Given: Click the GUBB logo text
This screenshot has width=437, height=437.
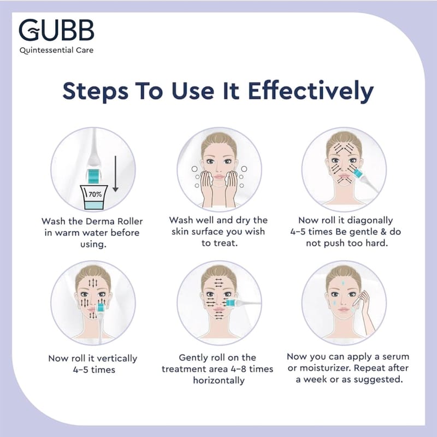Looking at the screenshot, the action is (x=56, y=30).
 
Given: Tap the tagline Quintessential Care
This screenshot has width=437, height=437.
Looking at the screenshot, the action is (x=57, y=50).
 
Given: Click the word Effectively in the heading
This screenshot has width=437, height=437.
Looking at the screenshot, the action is (x=311, y=91).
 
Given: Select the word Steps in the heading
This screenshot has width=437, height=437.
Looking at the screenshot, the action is (x=95, y=91).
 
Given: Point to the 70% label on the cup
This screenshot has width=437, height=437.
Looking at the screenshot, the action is (x=95, y=194).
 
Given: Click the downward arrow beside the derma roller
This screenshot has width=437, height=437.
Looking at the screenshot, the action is (x=115, y=174).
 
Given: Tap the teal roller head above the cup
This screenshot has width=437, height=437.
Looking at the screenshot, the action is (x=94, y=176).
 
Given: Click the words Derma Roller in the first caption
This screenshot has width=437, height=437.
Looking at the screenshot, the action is (x=114, y=221).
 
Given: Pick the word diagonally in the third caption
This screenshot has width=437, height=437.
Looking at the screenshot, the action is (x=370, y=221).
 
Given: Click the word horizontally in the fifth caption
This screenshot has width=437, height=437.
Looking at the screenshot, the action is (x=219, y=380).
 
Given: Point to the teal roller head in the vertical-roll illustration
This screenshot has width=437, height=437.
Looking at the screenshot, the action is (x=101, y=307).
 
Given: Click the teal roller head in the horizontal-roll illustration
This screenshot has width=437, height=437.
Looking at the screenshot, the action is (x=230, y=303).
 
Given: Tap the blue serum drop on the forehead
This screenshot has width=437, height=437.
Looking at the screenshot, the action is (x=343, y=283).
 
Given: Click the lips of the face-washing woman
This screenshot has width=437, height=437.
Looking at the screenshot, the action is (x=219, y=176).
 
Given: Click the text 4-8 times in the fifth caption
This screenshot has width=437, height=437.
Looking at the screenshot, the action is (x=252, y=369).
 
